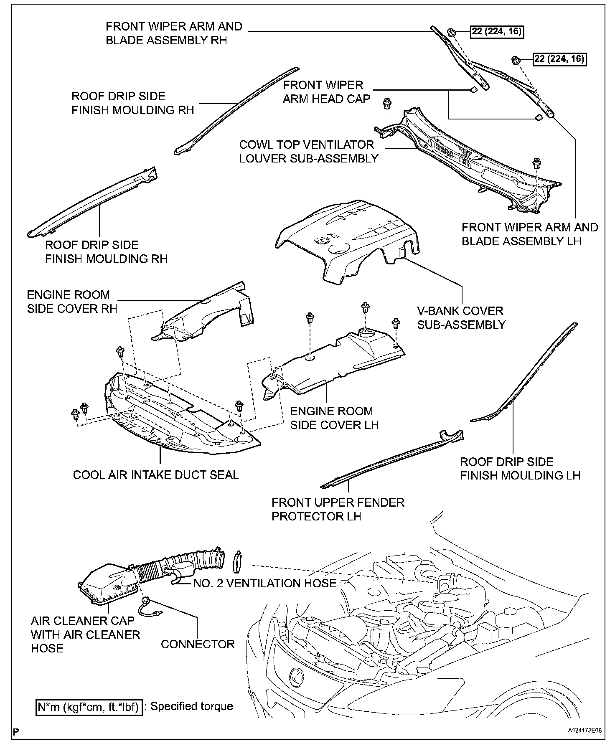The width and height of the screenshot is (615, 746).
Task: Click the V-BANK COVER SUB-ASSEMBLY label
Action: coord(461,317)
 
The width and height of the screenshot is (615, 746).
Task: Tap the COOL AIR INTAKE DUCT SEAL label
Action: coord(155,475)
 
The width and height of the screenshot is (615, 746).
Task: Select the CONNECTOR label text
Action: coord(198,644)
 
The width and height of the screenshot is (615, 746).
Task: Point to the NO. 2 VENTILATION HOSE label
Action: coord(264,583)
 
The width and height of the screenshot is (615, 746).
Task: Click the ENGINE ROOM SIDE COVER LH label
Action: coord(334,418)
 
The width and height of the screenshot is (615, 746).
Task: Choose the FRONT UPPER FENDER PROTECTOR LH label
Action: coord(338,509)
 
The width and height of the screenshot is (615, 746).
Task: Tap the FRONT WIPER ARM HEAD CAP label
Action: coord(326,92)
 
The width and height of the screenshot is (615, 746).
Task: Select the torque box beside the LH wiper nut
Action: coord(559,59)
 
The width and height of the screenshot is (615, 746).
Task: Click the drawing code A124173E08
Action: coord(585,731)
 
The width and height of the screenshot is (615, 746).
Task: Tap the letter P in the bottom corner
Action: coord(16,731)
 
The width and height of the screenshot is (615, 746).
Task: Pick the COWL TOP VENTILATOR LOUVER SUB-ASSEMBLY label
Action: coord(308,152)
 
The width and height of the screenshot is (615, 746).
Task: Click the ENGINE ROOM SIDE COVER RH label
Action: coord(72,302)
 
